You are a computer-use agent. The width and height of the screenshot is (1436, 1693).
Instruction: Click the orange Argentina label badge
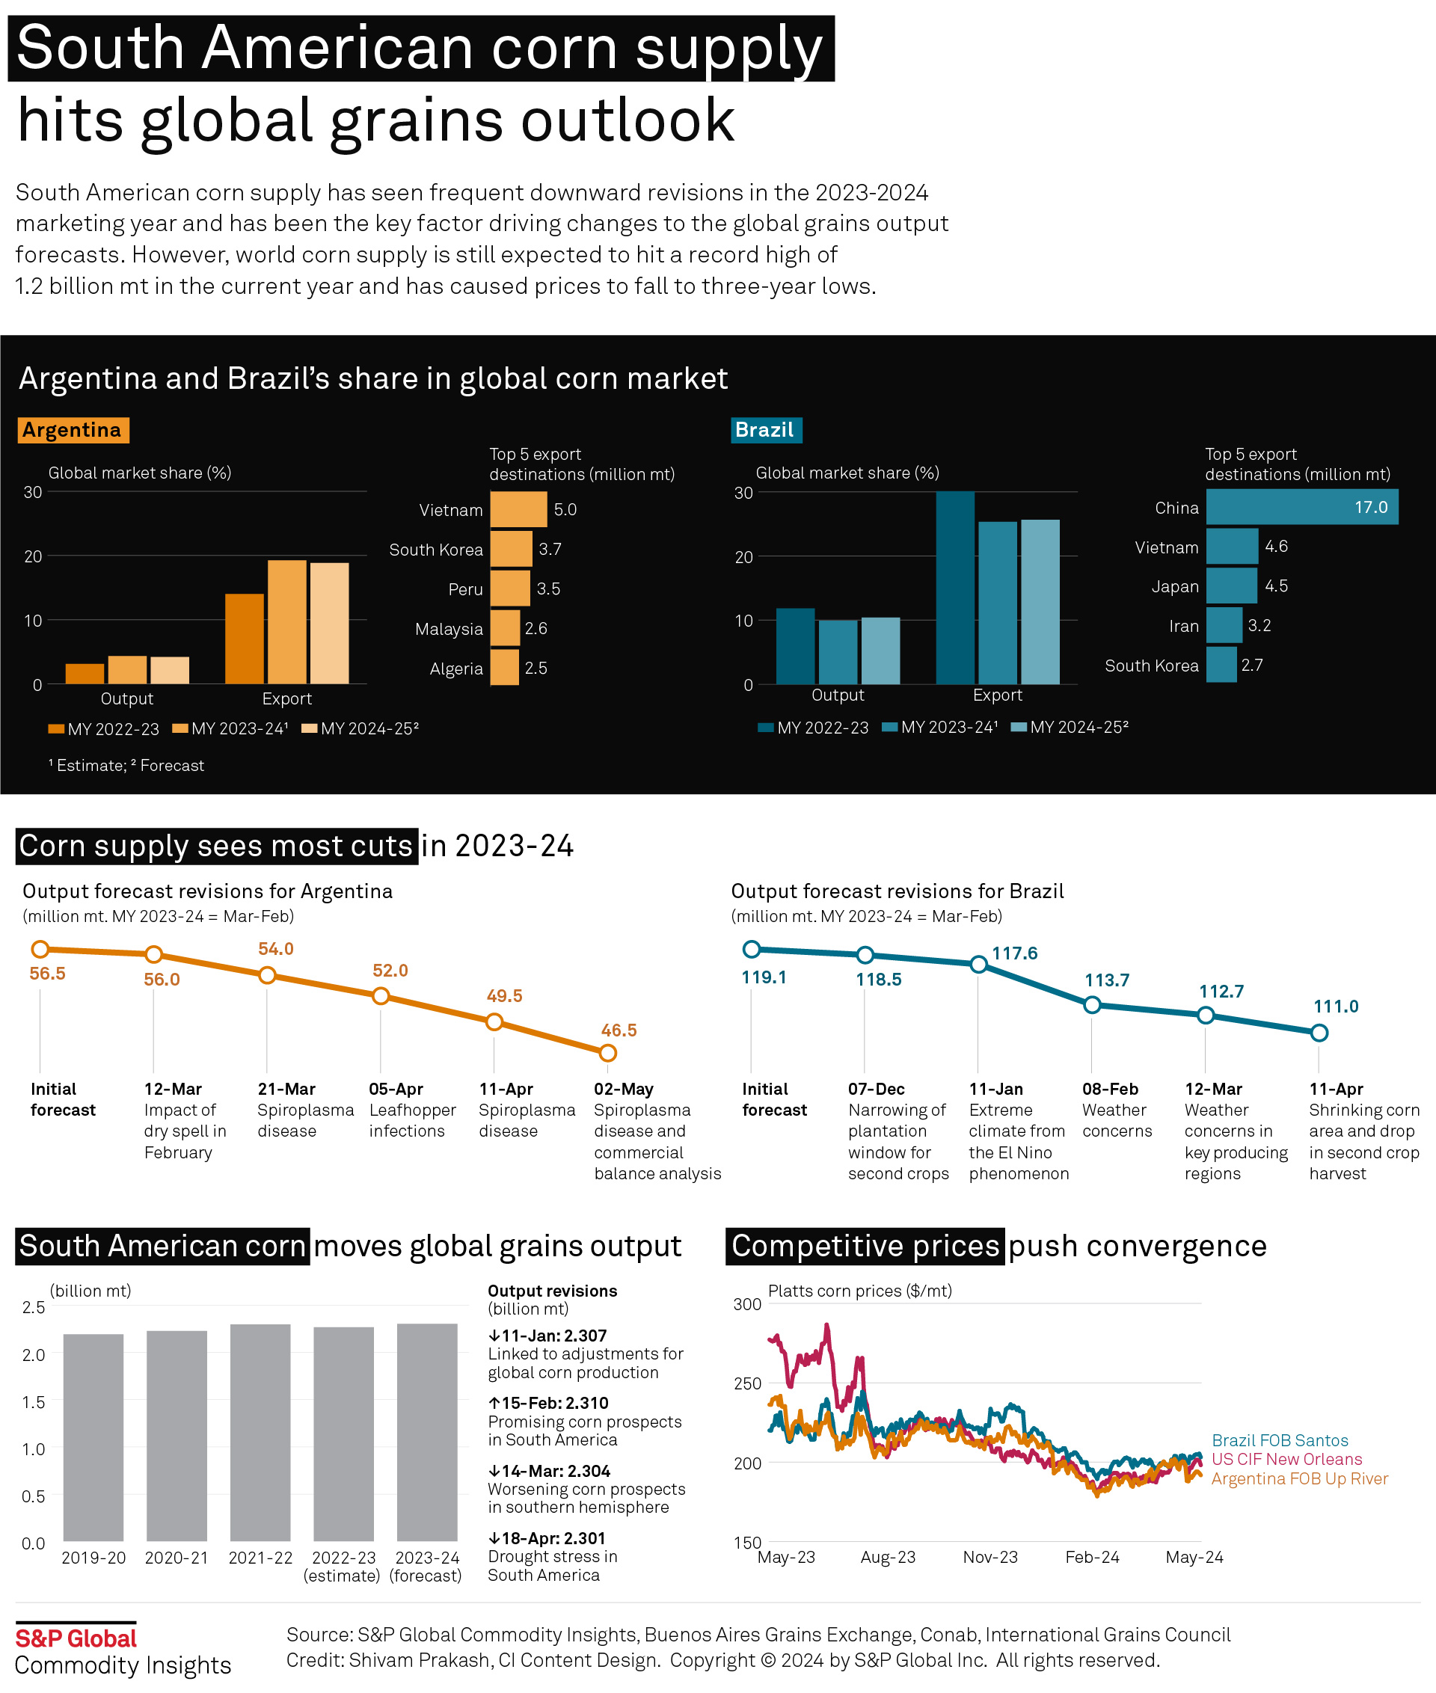point(73,430)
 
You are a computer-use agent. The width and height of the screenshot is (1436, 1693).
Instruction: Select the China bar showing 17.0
point(1301,507)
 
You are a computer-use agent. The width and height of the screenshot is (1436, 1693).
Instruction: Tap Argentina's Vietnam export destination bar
point(518,509)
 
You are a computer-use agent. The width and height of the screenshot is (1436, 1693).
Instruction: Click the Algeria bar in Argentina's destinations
point(504,668)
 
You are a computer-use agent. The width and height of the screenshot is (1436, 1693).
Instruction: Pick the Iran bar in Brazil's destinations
point(1224,625)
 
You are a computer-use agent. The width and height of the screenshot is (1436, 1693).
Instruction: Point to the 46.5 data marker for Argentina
point(607,1053)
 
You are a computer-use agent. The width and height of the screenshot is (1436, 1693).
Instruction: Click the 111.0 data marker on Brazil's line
point(1319,1033)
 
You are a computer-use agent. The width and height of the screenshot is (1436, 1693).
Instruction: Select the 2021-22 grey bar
point(260,1432)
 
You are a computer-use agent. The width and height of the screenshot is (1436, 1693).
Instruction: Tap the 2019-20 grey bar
point(93,1437)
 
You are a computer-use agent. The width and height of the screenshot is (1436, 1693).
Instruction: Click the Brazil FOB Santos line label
point(1280,1439)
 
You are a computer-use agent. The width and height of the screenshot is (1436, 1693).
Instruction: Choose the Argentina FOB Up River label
point(1299,1478)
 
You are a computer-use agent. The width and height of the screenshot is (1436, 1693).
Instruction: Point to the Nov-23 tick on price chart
point(990,1556)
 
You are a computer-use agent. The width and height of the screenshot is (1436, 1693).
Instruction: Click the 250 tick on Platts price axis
point(746,1383)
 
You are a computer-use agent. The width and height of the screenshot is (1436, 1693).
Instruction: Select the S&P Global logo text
point(76,1638)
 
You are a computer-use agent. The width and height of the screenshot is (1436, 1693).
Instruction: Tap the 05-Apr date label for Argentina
point(396,1089)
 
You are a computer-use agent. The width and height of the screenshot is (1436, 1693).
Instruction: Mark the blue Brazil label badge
point(765,430)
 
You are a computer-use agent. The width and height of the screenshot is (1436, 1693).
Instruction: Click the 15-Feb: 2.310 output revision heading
point(548,1402)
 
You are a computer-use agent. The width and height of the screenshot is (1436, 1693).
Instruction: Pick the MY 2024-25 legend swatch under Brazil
point(1019,727)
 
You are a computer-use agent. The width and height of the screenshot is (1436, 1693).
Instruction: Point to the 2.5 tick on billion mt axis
point(34,1307)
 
